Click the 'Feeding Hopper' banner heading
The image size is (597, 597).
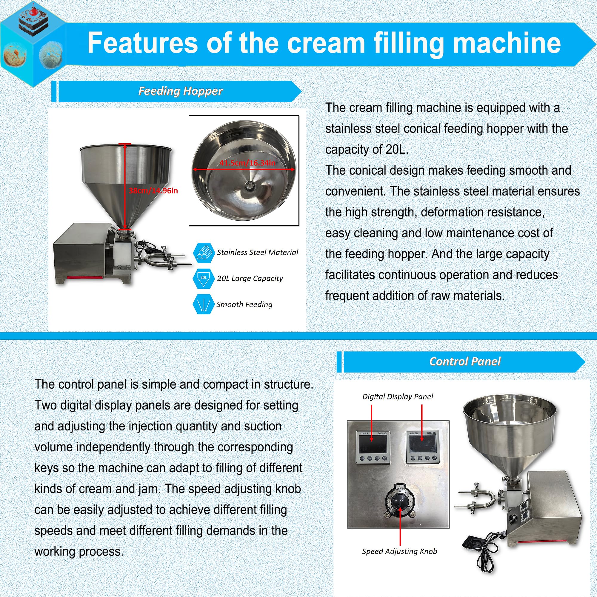[180, 91]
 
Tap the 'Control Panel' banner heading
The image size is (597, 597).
[464, 361]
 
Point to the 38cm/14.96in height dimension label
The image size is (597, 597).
[153, 191]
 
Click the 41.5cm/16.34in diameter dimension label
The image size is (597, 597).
[247, 163]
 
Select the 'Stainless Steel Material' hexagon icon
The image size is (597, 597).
[204, 253]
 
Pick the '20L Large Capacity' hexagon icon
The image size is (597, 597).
[204, 278]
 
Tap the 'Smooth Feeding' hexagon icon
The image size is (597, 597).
[204, 304]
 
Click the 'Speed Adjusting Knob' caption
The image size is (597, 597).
[400, 551]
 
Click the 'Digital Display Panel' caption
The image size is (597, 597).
[397, 396]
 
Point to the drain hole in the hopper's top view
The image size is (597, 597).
[249, 185]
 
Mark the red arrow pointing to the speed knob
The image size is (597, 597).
[400, 525]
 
